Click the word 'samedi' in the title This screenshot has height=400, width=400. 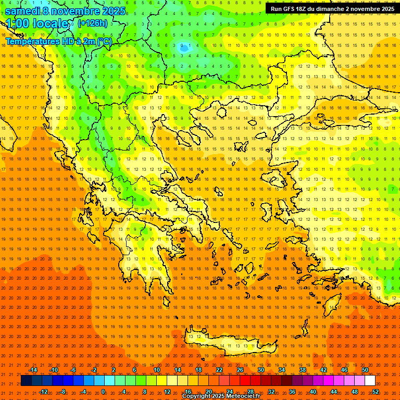coord(23,11)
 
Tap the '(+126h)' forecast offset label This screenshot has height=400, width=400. coord(93,23)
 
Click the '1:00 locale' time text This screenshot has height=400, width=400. coord(39,24)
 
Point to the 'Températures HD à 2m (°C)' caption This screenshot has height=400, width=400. coord(59,42)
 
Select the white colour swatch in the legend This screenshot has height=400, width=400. coord(370,381)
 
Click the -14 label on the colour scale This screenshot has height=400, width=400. coord(33,370)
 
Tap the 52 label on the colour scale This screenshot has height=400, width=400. coord(376,392)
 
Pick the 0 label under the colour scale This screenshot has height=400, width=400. coord(103,392)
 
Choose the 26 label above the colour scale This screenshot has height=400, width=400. coord(240,370)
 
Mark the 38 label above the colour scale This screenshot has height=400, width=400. coord(302,370)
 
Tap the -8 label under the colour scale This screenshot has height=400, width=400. coord(63,392)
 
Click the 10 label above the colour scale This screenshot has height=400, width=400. coord(156,370)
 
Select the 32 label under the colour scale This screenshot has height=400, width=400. coord(271,392)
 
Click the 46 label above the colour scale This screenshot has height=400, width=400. coord(344,370)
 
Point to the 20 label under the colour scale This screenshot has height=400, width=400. coord(208,392)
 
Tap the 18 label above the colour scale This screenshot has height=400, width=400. coord(198,370)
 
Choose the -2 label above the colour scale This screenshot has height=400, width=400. coord(94,370)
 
